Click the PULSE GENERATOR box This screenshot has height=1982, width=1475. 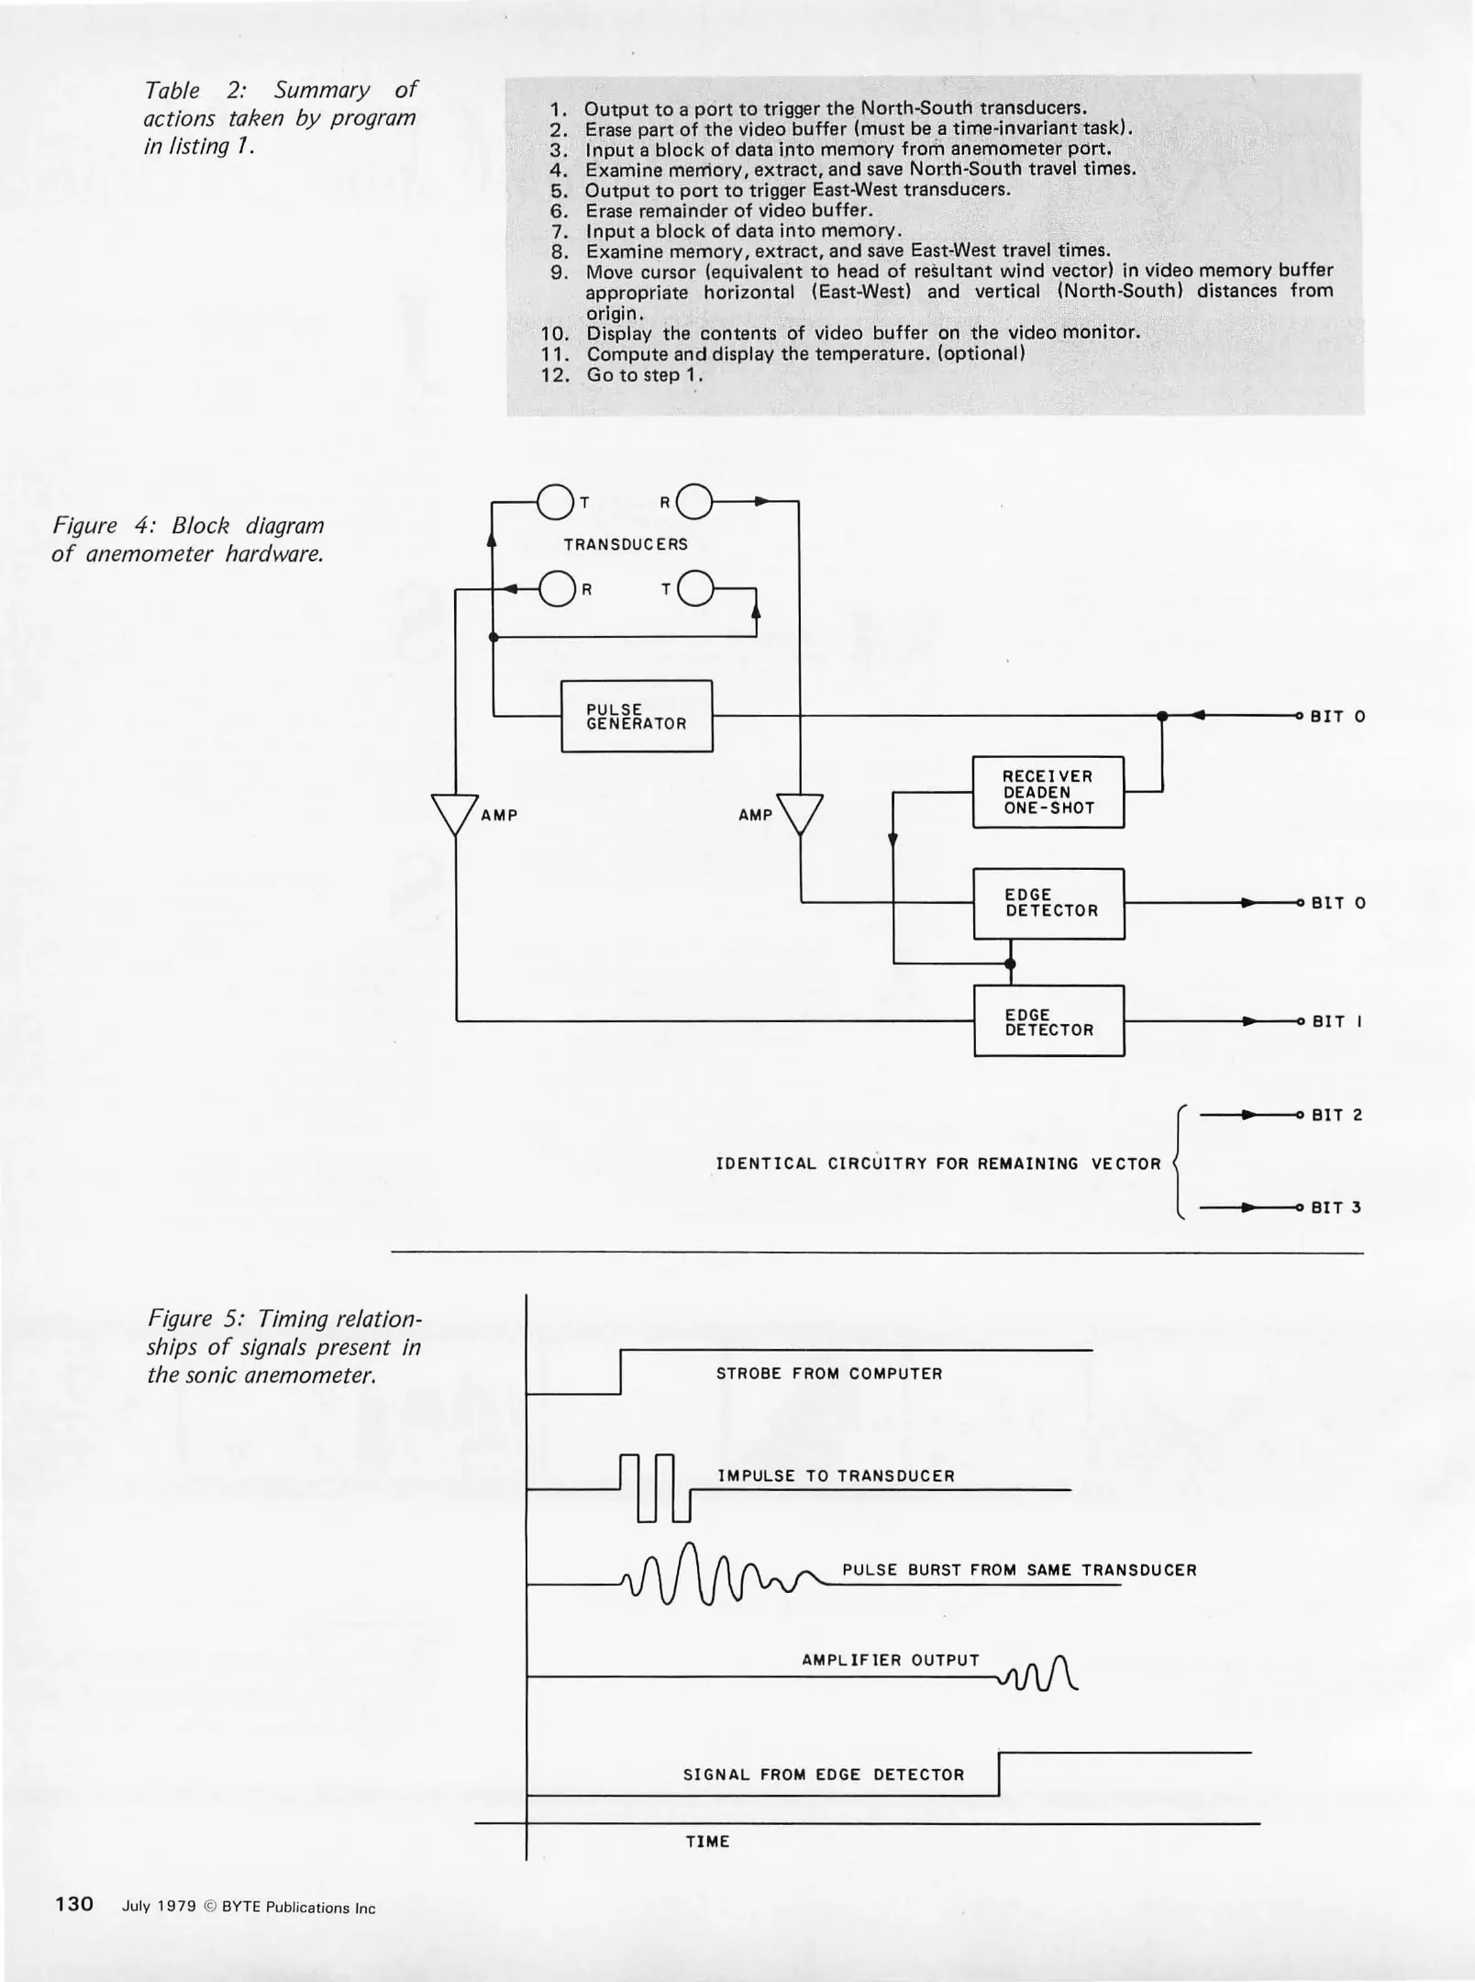click(637, 716)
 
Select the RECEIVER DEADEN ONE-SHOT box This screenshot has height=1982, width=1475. click(1048, 792)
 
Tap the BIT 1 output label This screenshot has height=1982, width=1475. click(1336, 1021)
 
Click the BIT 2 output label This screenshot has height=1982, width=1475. click(1336, 1115)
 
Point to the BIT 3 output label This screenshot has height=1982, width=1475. click(1336, 1208)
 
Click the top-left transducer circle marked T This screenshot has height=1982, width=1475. click(554, 502)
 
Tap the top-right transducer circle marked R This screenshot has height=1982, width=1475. click(694, 502)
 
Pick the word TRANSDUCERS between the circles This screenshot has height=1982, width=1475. click(626, 544)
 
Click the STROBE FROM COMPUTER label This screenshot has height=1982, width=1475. click(829, 1374)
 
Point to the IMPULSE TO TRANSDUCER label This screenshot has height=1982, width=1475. click(836, 1475)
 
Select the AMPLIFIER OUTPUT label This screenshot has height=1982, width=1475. click(891, 1660)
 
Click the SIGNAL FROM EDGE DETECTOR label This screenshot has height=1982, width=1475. click(824, 1775)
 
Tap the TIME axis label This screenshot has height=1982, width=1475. click(707, 1841)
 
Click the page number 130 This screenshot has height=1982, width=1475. click(74, 1903)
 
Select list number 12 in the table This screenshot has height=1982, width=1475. click(556, 374)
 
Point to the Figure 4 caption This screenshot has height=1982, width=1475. click(188, 540)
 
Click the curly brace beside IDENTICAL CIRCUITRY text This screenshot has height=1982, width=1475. click(1181, 1163)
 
